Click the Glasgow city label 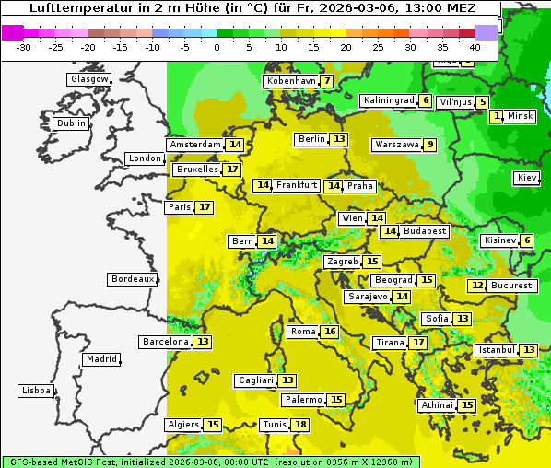(x=89, y=79)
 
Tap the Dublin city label (x=71, y=123)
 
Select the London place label (x=145, y=158)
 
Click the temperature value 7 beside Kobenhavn (x=327, y=81)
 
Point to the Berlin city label (x=311, y=139)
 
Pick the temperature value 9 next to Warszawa (x=429, y=145)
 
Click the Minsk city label (x=521, y=116)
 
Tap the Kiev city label (x=528, y=178)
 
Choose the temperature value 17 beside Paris (x=204, y=207)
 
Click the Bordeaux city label (x=133, y=279)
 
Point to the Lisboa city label (x=37, y=391)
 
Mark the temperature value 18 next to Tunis (x=300, y=425)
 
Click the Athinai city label (x=437, y=405)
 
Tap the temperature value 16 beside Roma (x=329, y=332)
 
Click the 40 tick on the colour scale (x=475, y=46)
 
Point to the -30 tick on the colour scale (x=24, y=46)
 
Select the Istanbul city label (x=497, y=350)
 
